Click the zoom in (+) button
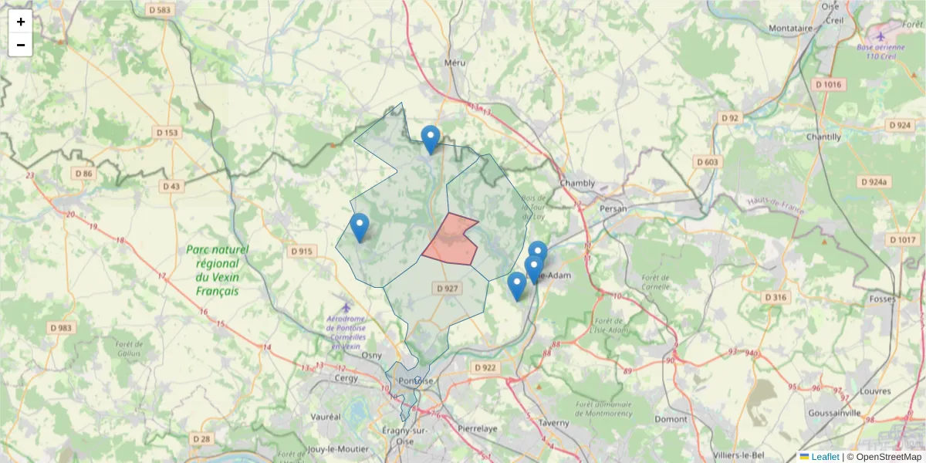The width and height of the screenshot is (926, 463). [21, 22]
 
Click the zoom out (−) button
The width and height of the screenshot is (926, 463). [21, 45]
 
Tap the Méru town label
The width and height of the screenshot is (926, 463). [456, 63]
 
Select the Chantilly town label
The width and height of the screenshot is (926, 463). [823, 137]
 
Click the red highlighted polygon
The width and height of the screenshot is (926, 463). [451, 242]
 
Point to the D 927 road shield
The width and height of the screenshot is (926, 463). [447, 289]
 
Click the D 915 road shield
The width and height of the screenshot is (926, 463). [302, 252]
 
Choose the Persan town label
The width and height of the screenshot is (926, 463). [614, 208]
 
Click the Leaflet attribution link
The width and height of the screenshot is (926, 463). [824, 457]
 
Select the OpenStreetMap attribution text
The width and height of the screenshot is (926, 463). [884, 457]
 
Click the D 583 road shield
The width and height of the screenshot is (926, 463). [159, 10]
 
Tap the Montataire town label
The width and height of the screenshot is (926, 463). [791, 29]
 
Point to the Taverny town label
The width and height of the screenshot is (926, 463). [553, 423]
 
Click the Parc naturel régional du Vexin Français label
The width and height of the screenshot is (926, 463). [217, 271]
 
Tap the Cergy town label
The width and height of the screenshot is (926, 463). [343, 378]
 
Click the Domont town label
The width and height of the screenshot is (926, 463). [671, 419]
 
